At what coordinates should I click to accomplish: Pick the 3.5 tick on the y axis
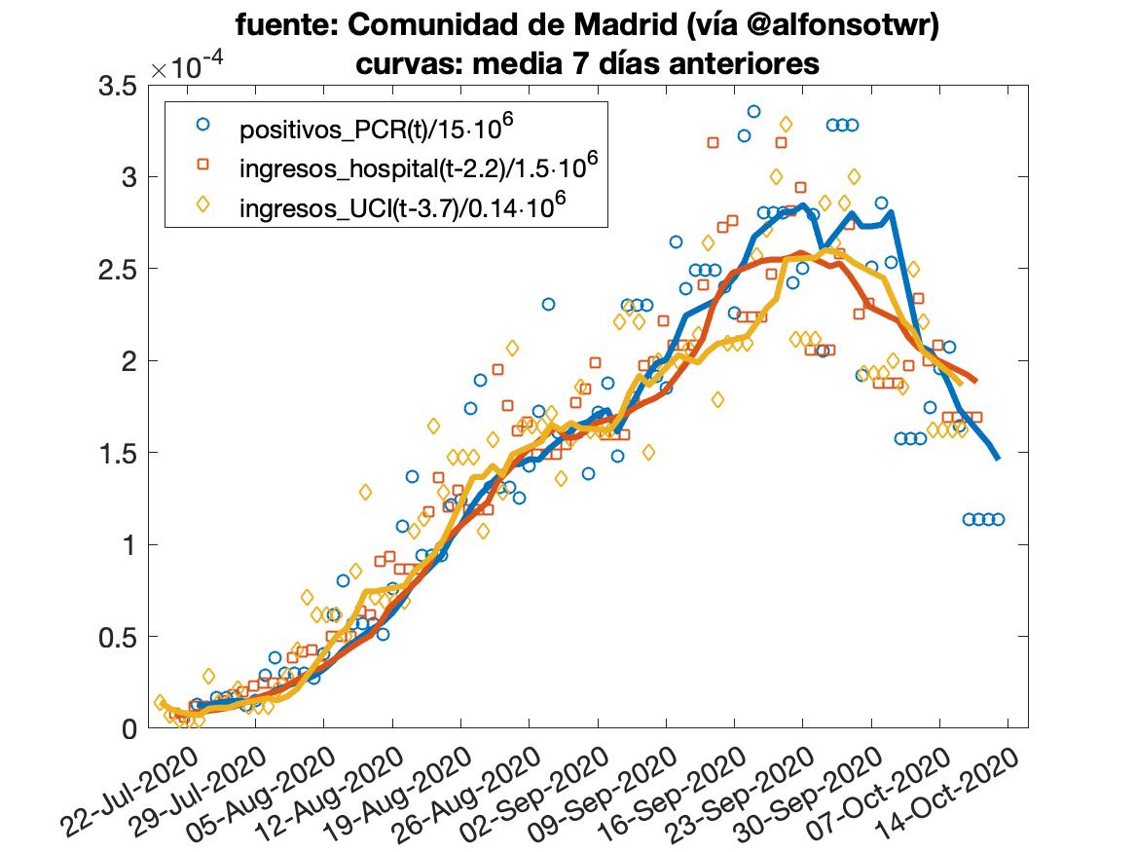(117, 87)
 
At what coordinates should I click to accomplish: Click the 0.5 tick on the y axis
(117, 637)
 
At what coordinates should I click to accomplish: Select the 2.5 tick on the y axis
(117, 270)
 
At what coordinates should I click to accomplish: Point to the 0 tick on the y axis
(128, 728)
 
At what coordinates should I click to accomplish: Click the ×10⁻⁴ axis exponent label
(189, 66)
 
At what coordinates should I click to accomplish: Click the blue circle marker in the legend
(202, 125)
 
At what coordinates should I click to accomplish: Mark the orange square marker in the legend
(202, 166)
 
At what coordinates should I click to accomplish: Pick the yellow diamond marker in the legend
(202, 205)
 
